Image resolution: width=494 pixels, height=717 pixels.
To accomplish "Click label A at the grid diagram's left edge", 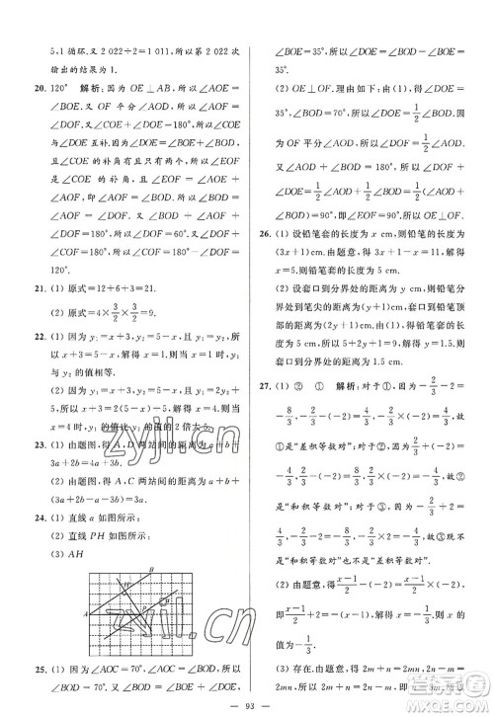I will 86,612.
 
